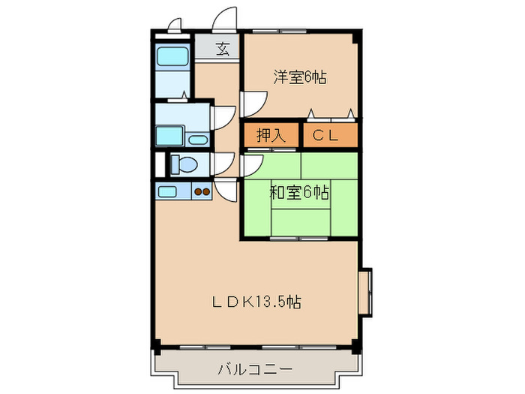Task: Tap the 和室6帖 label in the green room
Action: click(x=299, y=193)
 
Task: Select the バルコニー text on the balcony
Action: click(x=256, y=369)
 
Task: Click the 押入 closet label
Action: click(x=271, y=136)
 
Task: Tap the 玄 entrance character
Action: click(x=223, y=50)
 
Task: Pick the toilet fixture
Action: click(x=183, y=164)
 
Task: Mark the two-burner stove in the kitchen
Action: click(x=202, y=191)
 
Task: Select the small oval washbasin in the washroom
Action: click(x=198, y=139)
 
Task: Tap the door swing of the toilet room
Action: click(x=223, y=164)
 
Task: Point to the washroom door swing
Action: click(x=222, y=117)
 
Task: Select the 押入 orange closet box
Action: click(x=271, y=136)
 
